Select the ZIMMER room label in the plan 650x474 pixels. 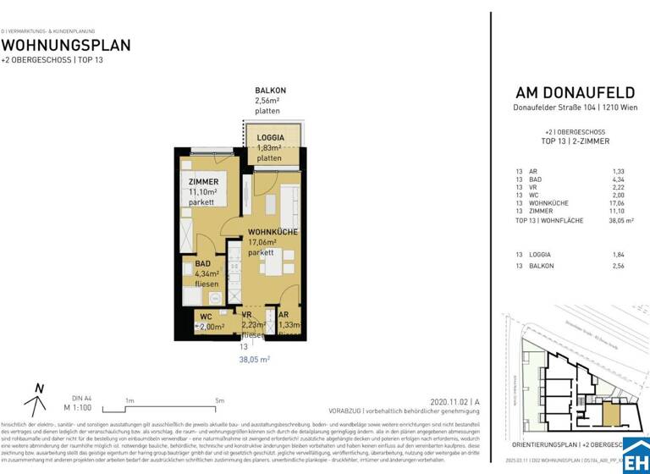click(x=203, y=182)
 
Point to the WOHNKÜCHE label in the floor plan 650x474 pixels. click(x=272, y=231)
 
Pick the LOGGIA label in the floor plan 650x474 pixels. click(x=271, y=137)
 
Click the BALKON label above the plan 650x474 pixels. click(x=270, y=91)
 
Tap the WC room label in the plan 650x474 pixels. click(x=206, y=317)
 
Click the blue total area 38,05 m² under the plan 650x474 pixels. click(x=253, y=359)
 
